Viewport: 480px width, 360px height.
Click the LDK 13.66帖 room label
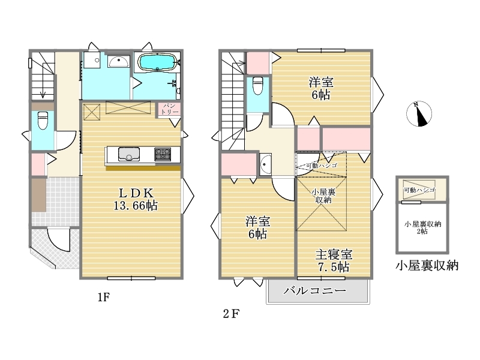136,199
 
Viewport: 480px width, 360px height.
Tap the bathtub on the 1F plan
157,63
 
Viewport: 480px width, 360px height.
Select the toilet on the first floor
43,121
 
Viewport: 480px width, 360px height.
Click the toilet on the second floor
258,85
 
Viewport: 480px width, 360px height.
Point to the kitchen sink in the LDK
129,154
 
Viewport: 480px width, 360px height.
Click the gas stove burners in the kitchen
163,154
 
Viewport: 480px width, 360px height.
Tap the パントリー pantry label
169,109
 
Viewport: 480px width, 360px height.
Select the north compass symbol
419,113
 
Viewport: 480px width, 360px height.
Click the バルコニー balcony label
314,290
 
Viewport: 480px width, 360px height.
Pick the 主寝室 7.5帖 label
334,260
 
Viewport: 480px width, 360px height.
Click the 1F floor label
103,297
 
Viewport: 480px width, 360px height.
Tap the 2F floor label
231,314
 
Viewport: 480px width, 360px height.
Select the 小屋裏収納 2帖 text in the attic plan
422,227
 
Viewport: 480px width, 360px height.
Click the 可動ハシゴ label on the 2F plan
322,166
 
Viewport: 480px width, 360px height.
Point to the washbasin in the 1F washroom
118,62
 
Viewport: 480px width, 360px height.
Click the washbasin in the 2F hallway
265,164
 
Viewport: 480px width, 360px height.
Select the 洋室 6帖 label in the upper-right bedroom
321,88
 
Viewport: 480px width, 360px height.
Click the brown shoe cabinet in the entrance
39,194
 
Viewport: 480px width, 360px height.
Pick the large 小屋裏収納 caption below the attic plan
427,265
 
